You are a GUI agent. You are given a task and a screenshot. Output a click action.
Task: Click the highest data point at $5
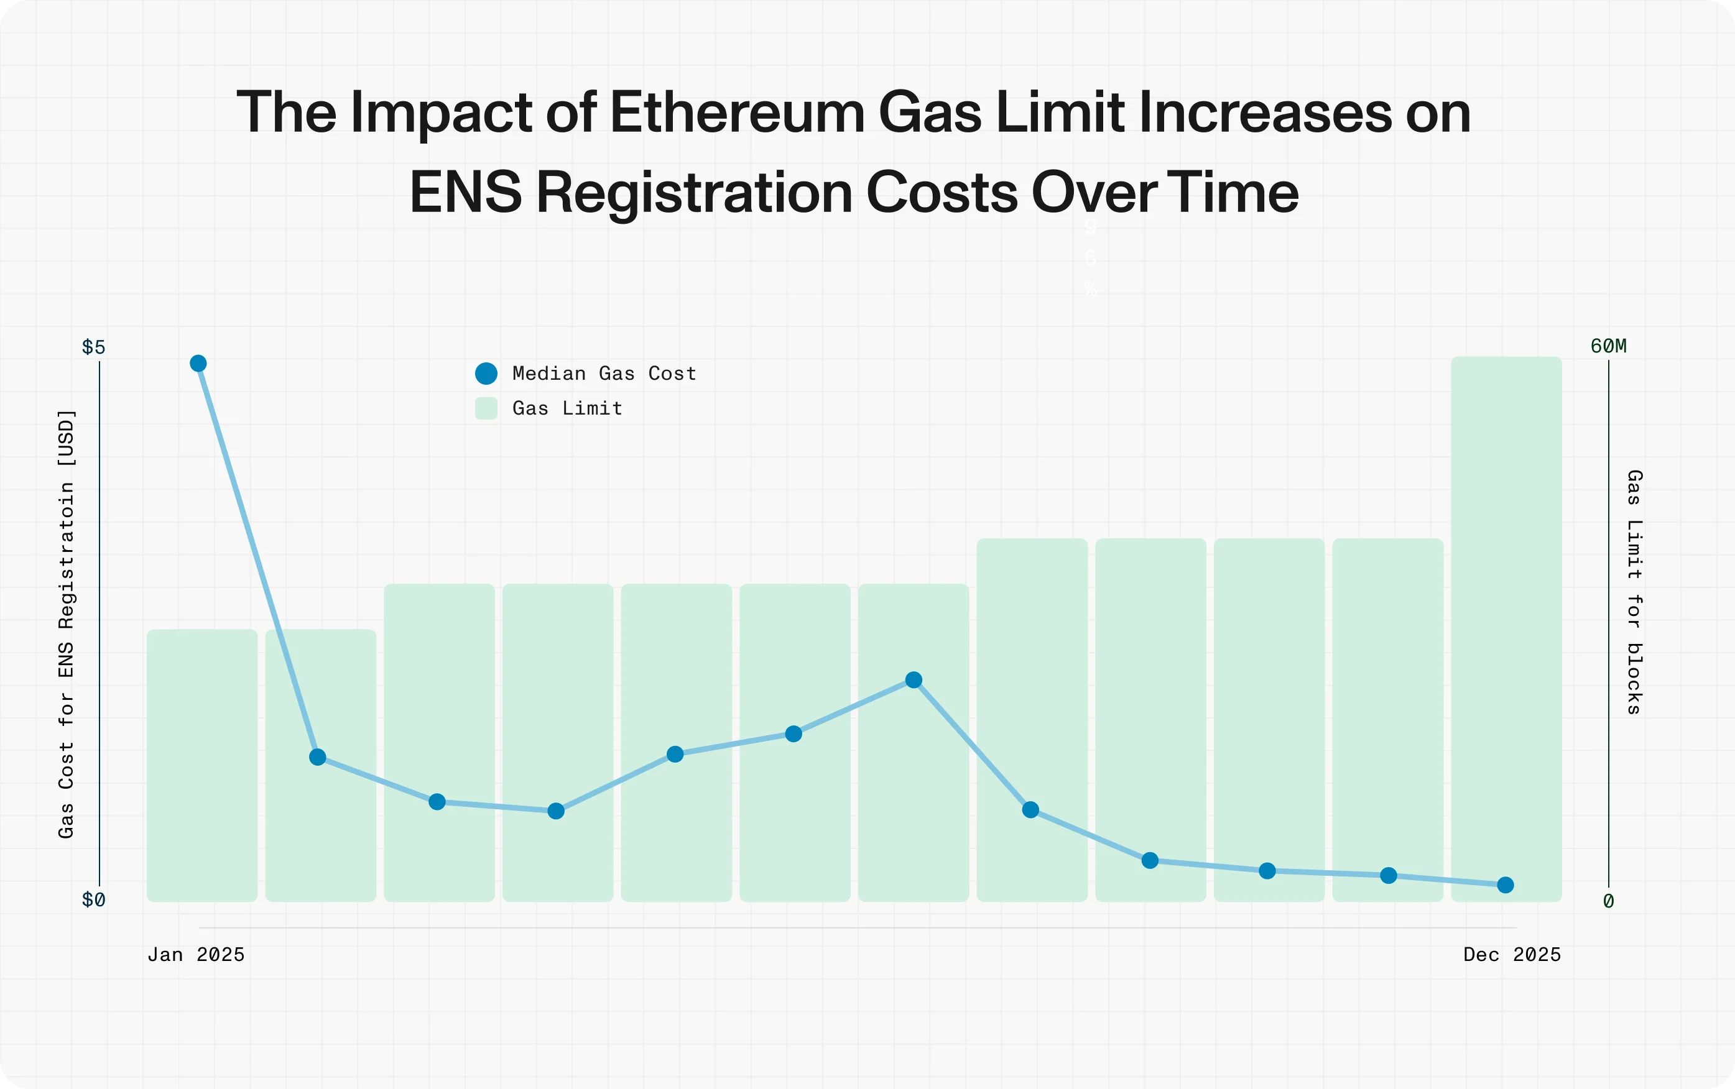pos(198,364)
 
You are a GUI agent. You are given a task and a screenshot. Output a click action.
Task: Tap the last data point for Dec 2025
pos(1505,885)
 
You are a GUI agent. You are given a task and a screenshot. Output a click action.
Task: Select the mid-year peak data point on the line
pos(914,680)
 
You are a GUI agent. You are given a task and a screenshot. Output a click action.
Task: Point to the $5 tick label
pos(94,347)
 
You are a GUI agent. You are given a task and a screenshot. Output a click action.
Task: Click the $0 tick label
pos(94,900)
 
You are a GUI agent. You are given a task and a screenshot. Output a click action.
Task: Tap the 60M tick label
pos(1608,346)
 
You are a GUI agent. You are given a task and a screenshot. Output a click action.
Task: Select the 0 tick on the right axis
pos(1608,901)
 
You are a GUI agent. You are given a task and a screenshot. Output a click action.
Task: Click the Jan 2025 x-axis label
pos(196,955)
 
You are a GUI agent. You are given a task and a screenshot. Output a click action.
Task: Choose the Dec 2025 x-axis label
pos(1512,955)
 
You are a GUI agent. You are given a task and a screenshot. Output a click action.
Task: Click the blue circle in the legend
pos(486,374)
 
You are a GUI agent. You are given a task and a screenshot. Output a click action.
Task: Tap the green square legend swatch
pos(486,408)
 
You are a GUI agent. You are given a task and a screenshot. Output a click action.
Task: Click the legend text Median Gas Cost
pos(604,374)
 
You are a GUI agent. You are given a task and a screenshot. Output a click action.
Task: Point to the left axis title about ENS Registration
pos(67,623)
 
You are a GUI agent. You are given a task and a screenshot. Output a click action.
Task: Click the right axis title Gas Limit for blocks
pos(1634,592)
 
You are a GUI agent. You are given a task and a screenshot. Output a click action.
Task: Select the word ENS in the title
pos(465,193)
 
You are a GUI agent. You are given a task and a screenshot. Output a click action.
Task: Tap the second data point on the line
pos(318,757)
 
